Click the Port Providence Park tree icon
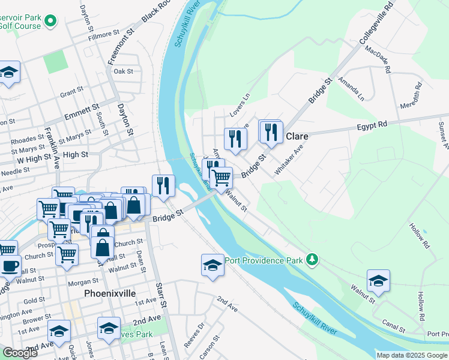pyautogui.click(x=312, y=260)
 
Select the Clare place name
pyautogui.click(x=297, y=136)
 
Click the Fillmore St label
pyautogui.click(x=100, y=36)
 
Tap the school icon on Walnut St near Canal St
pyautogui.click(x=378, y=280)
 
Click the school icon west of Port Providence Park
pyautogui.click(x=212, y=265)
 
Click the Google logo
pyautogui.click(x=20, y=353)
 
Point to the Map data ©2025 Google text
pyautogui.click(x=412, y=355)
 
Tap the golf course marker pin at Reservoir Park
pyautogui.click(x=50, y=22)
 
